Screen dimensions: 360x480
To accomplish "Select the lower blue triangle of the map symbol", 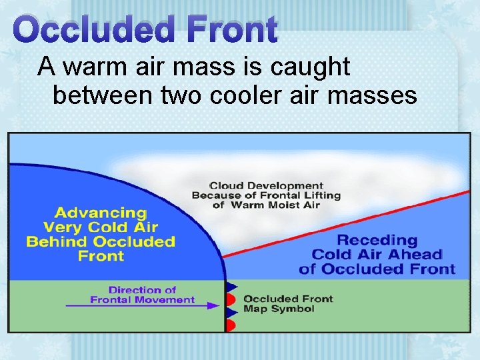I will (230, 312).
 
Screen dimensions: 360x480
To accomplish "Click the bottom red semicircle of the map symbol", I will (230, 325).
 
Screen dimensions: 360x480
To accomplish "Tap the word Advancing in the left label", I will (101, 213).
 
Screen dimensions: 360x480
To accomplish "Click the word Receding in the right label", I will (377, 240).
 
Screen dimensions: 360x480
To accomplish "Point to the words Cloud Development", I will (266, 185).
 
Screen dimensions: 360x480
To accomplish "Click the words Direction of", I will (142, 290).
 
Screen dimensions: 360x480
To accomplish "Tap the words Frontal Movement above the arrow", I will (142, 299).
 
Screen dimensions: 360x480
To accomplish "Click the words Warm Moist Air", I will (275, 205).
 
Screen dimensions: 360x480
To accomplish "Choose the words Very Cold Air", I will (101, 227).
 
